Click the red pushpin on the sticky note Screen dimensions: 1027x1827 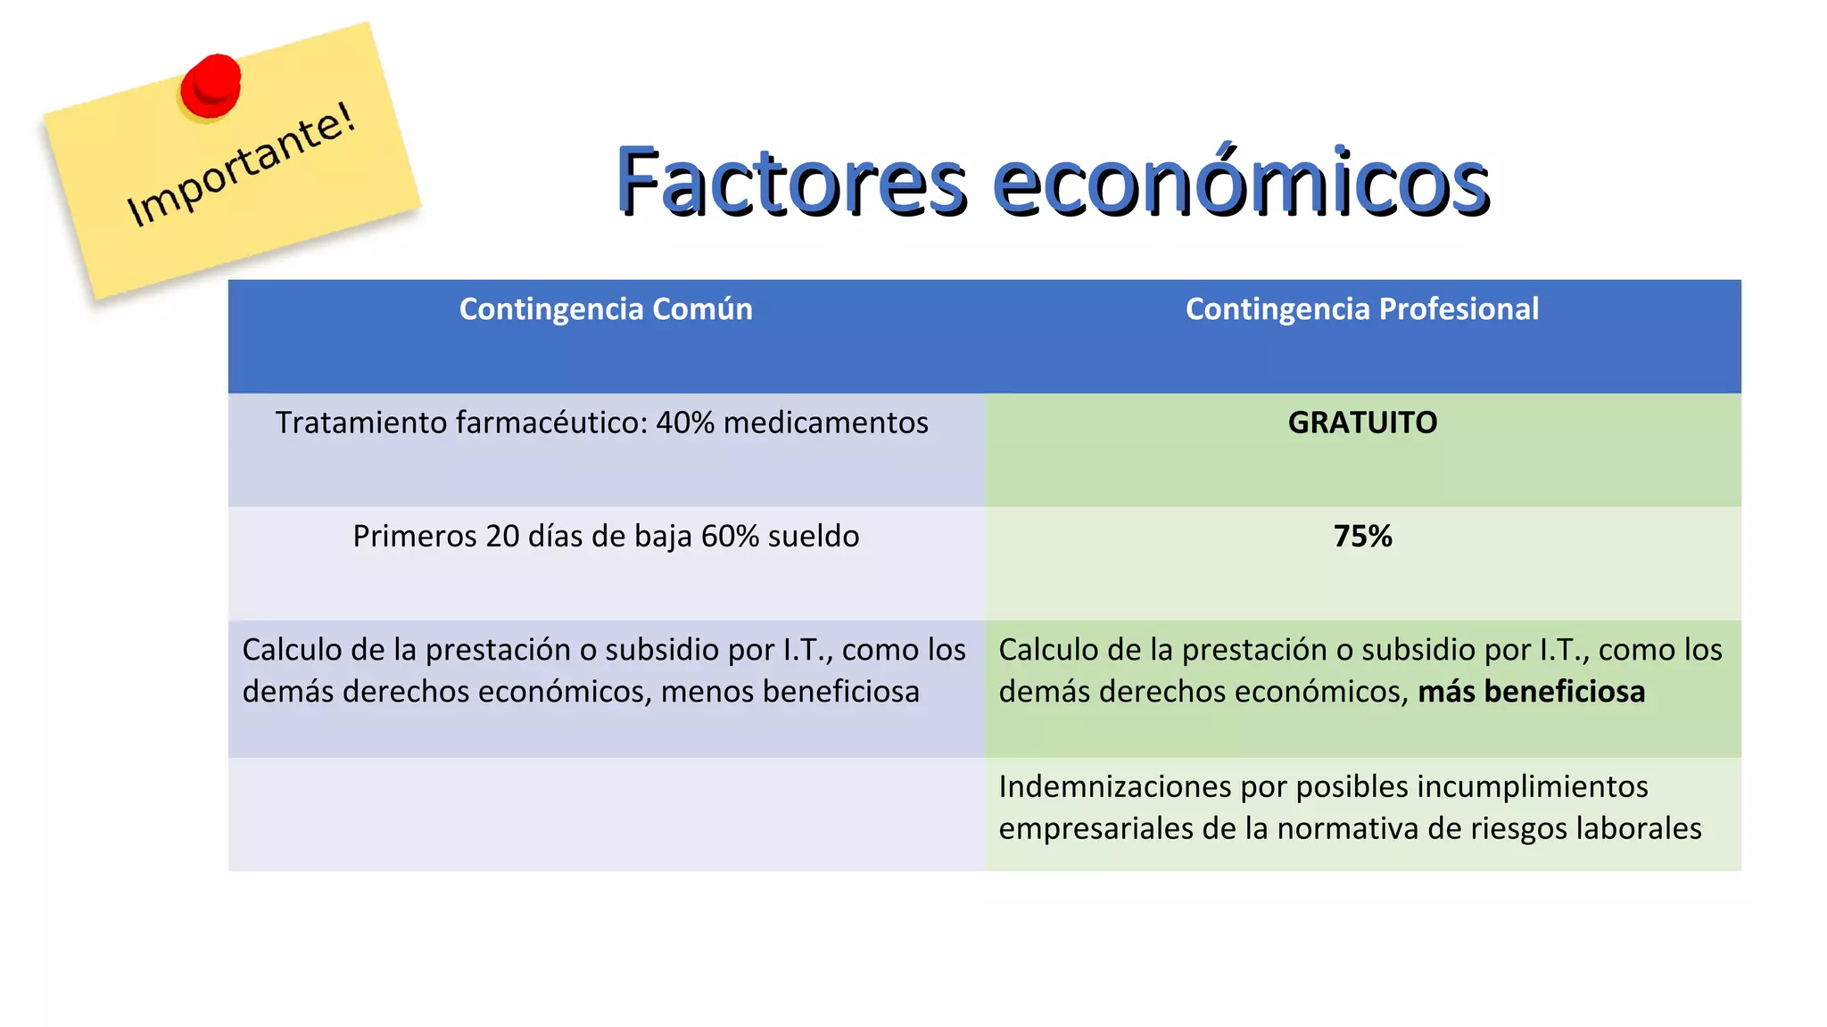(211, 86)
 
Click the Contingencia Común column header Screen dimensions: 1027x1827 (606, 309)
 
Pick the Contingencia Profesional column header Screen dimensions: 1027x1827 (1361, 309)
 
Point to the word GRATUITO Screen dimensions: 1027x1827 (1362, 423)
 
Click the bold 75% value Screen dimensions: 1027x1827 (1362, 537)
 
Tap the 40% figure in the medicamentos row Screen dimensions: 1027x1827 (685, 423)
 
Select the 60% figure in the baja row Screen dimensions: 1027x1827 (730, 537)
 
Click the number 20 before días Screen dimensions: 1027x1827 (502, 537)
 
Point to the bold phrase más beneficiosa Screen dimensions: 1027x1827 (1531, 692)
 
